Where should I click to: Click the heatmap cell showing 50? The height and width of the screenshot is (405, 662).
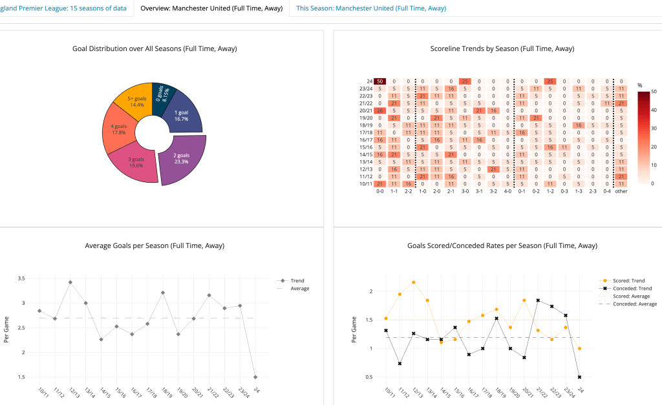[x=379, y=81]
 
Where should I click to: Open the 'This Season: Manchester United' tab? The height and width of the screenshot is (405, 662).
[x=370, y=8]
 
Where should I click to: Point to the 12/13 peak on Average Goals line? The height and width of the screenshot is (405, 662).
[x=70, y=282]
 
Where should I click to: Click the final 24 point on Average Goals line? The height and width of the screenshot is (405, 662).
[x=255, y=377]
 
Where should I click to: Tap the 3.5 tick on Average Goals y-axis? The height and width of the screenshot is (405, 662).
[x=21, y=278]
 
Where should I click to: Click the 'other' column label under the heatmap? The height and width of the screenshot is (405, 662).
[x=621, y=191]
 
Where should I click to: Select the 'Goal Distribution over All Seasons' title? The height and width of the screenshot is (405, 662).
[x=155, y=48]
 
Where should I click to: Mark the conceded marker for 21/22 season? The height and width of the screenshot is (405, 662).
[x=538, y=300]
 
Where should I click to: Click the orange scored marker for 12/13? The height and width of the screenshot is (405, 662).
[x=414, y=282]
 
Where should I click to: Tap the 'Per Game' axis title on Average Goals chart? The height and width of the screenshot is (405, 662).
[x=6, y=329]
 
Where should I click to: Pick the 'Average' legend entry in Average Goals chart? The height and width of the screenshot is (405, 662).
[x=300, y=288]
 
